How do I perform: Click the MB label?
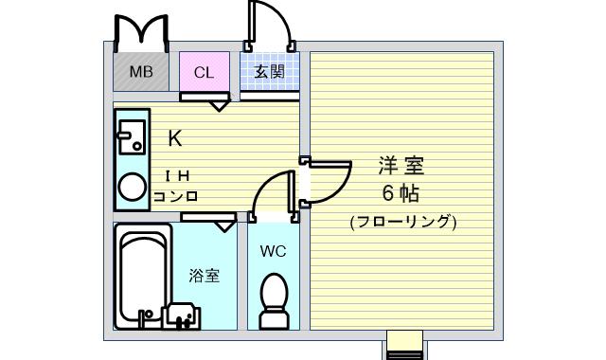141,72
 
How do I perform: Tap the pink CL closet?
205,72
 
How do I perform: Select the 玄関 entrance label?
269,72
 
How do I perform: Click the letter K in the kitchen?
175,138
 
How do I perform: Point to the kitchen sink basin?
132,137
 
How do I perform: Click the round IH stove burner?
133,188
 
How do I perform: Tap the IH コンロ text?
176,187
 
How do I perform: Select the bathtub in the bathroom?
143,276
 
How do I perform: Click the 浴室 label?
205,276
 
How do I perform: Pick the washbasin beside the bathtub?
181,315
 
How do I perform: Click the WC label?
274,251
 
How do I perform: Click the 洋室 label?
401,165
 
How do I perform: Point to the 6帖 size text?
401,193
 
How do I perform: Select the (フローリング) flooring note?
403,223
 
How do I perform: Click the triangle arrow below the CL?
219,106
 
